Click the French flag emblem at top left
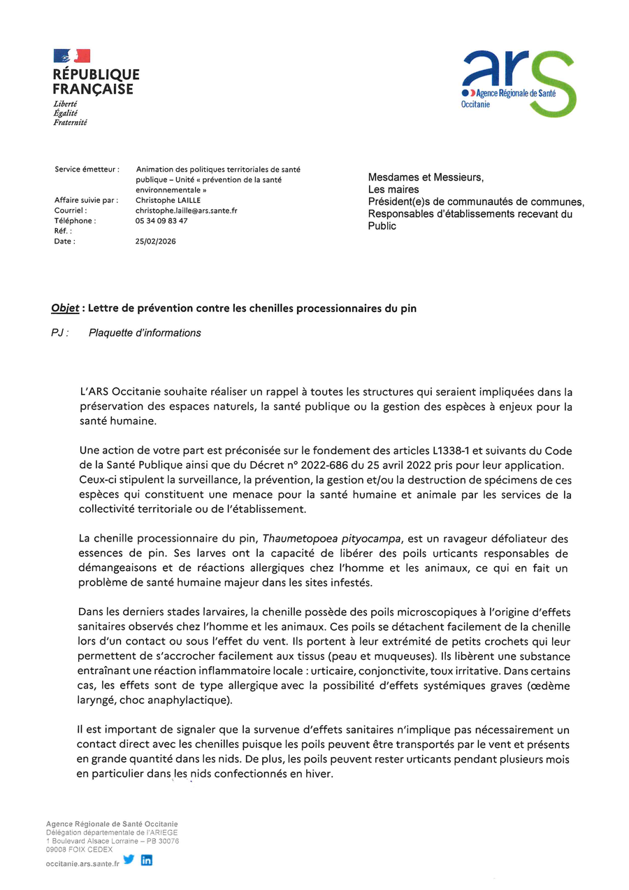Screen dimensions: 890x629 pyautogui.click(x=72, y=56)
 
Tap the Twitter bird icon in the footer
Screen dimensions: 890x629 pyautogui.click(x=129, y=860)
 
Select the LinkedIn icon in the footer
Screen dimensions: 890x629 pyautogui.click(x=147, y=860)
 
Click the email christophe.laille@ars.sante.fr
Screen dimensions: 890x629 pyautogui.click(x=186, y=210)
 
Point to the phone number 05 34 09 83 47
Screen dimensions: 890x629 pyautogui.click(x=161, y=220)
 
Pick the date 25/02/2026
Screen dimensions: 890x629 pyautogui.click(x=156, y=241)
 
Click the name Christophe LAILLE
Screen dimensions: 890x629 pyautogui.click(x=168, y=200)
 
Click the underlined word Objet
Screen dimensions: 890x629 pyautogui.click(x=65, y=309)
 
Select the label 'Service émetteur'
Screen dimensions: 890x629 pyautogui.click(x=87, y=169)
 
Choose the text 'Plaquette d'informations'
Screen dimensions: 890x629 pyautogui.click(x=145, y=333)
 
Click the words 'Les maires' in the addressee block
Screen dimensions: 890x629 pyautogui.click(x=393, y=190)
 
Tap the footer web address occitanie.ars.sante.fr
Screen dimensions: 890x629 pyautogui.click(x=82, y=864)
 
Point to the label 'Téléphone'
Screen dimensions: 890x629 pyautogui.click(x=75, y=220)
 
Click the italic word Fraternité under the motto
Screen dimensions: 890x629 pyautogui.click(x=70, y=122)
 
